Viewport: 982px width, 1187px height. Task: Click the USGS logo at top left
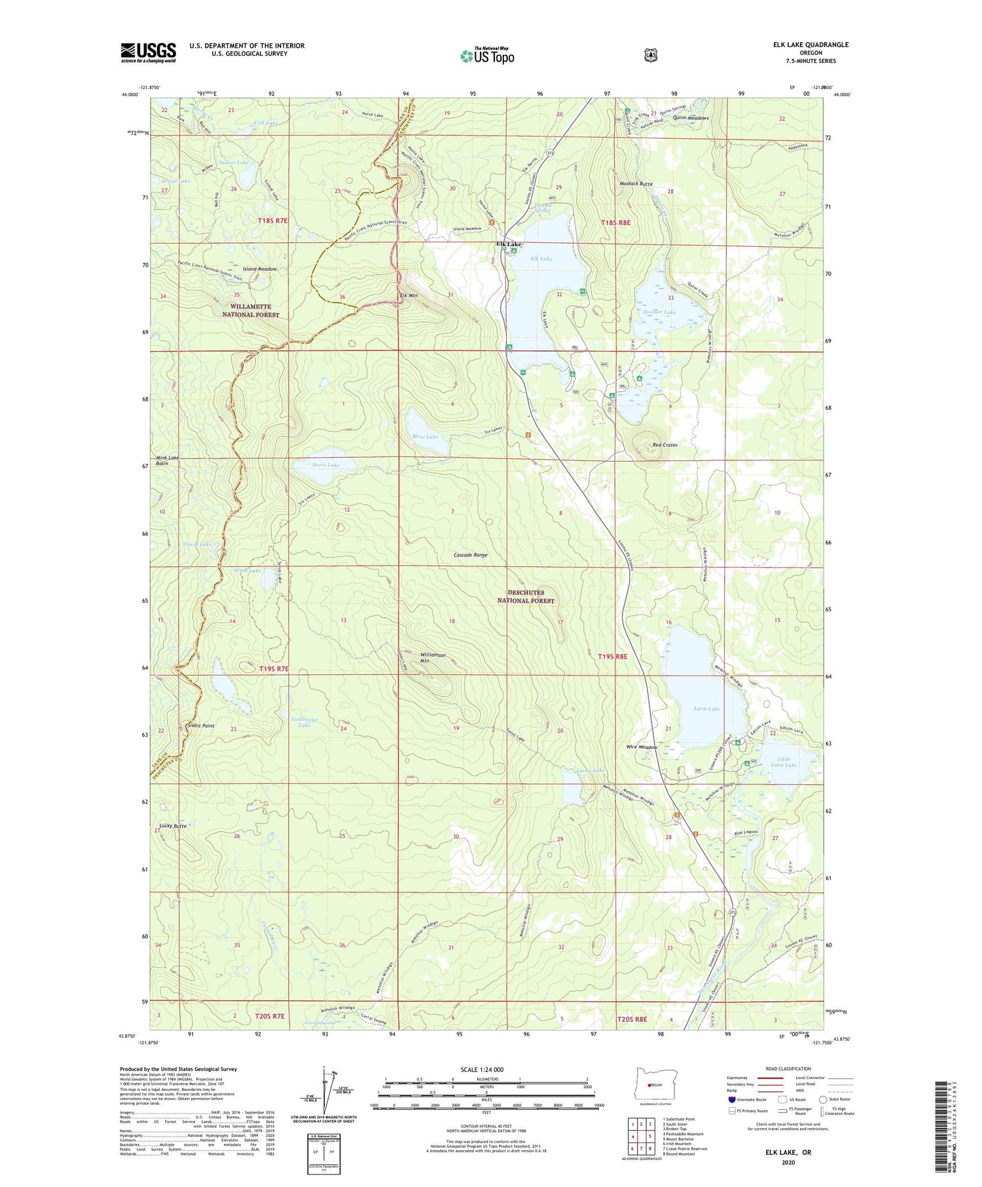148,52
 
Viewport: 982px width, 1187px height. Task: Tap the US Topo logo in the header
487,56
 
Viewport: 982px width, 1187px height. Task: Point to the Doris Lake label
325,465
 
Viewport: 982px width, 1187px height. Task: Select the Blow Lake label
425,437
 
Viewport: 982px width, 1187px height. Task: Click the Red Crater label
664,445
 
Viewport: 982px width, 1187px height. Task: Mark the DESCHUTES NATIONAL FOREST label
526,596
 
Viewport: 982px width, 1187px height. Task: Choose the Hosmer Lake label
659,312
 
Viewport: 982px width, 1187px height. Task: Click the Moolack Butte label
636,184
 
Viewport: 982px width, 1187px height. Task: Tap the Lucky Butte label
173,826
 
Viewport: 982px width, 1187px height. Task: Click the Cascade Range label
471,555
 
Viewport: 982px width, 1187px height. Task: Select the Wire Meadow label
641,747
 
